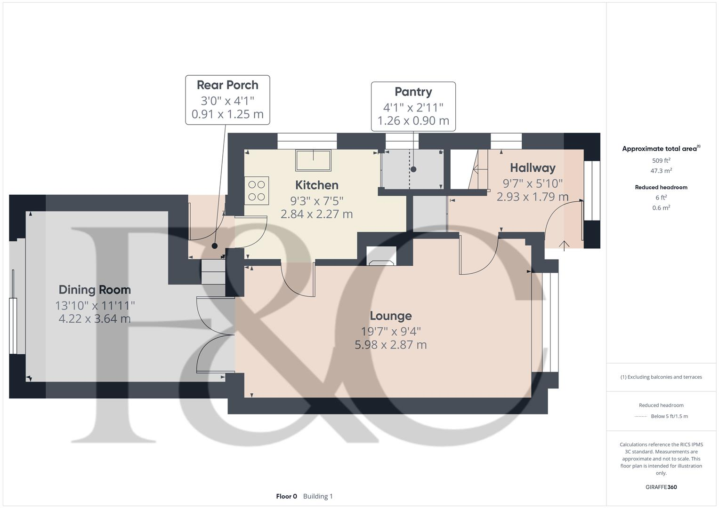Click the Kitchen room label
click(316, 185)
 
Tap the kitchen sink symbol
click(313, 160)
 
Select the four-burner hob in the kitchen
click(257, 190)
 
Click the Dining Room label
click(95, 290)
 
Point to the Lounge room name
click(390, 316)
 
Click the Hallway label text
click(533, 168)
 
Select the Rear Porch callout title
click(227, 85)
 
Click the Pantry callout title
click(413, 92)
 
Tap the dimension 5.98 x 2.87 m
click(390, 345)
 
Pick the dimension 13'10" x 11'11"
click(95, 305)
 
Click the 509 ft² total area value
click(661, 160)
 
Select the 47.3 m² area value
click(661, 171)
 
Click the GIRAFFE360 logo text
click(661, 487)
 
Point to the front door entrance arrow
click(564, 244)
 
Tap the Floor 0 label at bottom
click(286, 496)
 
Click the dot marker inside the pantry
click(413, 169)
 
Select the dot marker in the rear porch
click(215, 246)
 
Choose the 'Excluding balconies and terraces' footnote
click(661, 377)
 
